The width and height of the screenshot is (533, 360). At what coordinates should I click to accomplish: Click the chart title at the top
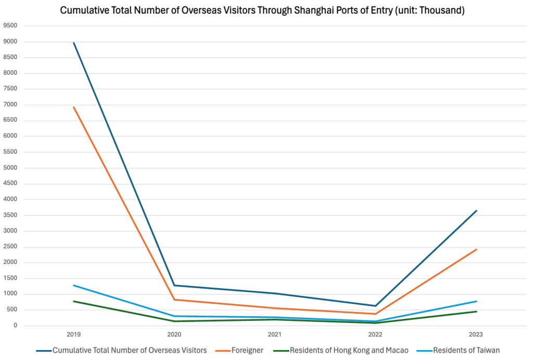pos(262,10)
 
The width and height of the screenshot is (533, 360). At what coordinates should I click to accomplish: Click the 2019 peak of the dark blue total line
pos(74,43)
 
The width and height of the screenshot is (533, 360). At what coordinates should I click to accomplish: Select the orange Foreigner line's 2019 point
pos(74,107)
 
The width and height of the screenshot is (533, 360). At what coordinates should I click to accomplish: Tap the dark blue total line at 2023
pos(476,210)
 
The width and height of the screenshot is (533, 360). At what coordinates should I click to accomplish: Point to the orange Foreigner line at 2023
pos(476,249)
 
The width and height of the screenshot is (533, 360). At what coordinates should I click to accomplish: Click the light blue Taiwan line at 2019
pos(74,285)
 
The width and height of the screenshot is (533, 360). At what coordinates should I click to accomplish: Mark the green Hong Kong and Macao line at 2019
pos(74,301)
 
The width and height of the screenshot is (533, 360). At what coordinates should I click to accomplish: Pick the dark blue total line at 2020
pos(174,285)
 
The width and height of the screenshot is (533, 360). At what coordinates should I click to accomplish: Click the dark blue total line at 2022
pos(375,306)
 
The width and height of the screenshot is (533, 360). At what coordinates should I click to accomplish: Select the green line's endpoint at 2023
pos(476,312)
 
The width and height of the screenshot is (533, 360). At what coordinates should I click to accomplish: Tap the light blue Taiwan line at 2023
pos(476,301)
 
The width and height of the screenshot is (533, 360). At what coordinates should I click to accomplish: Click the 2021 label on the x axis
pos(275,335)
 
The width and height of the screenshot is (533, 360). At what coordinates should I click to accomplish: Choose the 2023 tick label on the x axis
pos(476,335)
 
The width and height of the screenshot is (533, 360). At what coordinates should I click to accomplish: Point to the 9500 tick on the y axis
pos(10,26)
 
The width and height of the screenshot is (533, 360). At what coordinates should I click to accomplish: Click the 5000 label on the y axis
pos(10,168)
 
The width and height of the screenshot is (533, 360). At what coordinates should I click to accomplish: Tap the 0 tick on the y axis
pos(16,326)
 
